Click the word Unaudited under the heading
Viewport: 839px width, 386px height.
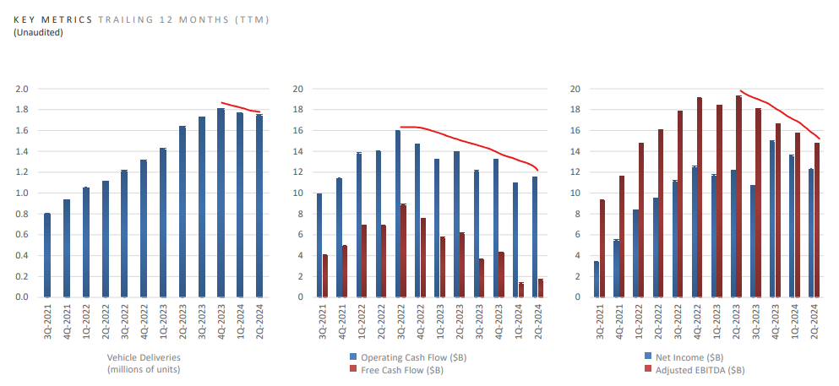pyautogui.click(x=38, y=32)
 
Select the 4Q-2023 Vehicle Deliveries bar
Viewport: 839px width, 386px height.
pyautogui.click(x=221, y=203)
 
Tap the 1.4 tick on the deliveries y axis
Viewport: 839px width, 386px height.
pyautogui.click(x=21, y=151)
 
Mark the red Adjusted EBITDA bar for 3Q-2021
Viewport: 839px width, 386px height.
pyautogui.click(x=602, y=248)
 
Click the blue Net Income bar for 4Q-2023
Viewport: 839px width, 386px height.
pyautogui.click(x=771, y=219)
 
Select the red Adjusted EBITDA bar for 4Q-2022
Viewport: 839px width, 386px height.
pyautogui.click(x=700, y=197)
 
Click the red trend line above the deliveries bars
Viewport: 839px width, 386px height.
pyautogui.click(x=241, y=107)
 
